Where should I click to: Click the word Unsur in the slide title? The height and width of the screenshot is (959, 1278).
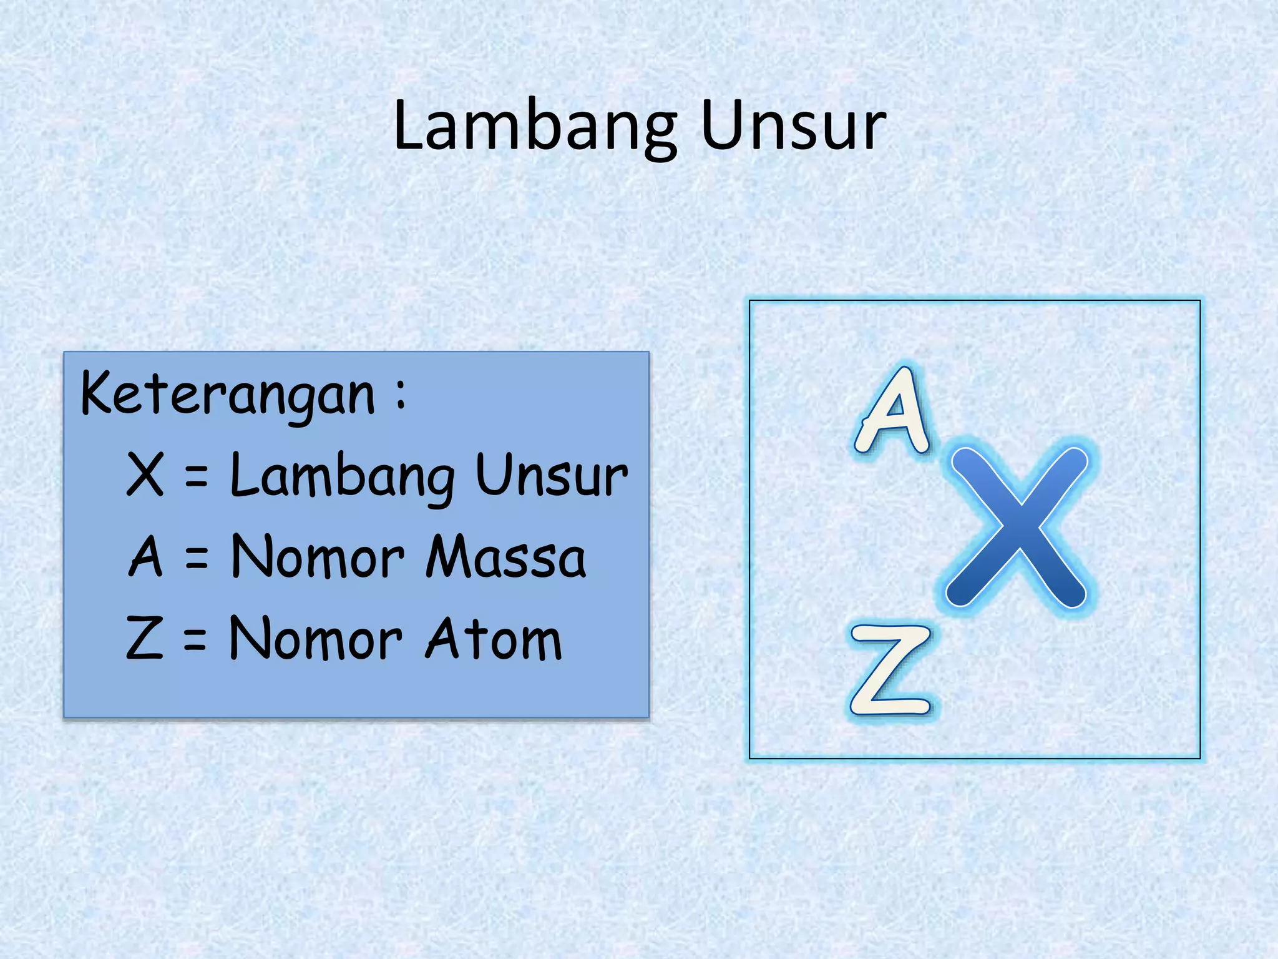point(793,126)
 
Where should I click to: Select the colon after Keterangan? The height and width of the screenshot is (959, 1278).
point(400,395)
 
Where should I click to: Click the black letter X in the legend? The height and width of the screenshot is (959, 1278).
point(145,475)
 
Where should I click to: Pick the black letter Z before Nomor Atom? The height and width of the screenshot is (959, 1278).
point(145,637)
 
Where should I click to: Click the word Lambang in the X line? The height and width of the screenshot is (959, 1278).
point(343,476)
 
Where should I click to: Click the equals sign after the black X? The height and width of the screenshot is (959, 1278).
point(196,479)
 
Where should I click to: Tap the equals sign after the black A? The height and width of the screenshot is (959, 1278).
point(197,558)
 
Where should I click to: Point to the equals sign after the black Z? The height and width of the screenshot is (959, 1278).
point(195,640)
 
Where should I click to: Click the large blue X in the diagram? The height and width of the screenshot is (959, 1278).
point(1017,526)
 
